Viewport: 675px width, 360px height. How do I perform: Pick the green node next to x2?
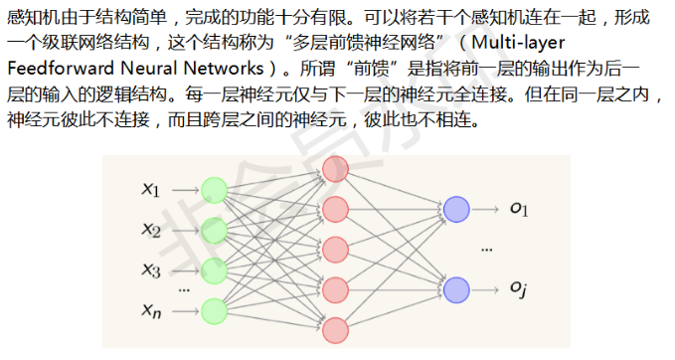click(214, 231)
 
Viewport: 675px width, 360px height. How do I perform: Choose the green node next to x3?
click(214, 270)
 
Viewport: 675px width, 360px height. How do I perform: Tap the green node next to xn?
click(214, 308)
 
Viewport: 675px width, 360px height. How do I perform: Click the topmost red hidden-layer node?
click(335, 169)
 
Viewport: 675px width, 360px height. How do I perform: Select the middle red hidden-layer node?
click(335, 249)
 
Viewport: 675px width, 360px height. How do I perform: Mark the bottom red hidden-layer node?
click(335, 329)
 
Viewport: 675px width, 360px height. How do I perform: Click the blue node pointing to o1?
click(456, 209)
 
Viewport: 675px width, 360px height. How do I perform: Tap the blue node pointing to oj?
click(456, 289)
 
